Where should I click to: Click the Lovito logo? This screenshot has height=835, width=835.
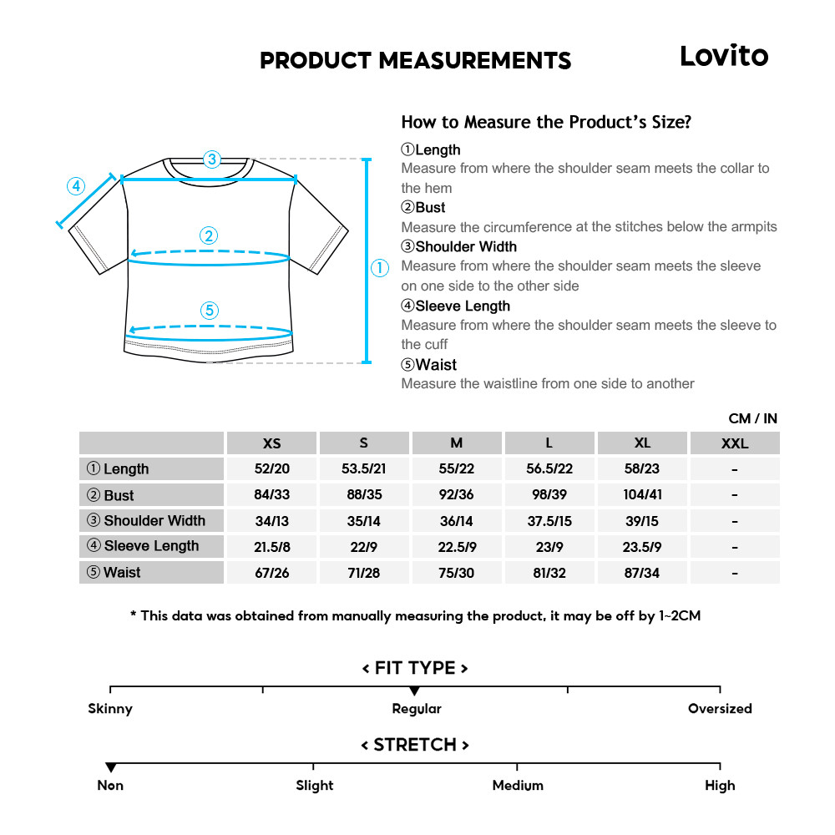[x=723, y=57]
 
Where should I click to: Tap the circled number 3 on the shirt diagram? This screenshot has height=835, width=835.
[x=212, y=159]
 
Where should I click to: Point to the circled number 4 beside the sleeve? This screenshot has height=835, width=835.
[x=76, y=185]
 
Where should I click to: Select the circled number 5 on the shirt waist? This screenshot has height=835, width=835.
[x=210, y=311]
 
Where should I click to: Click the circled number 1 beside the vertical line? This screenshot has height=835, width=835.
[x=380, y=268]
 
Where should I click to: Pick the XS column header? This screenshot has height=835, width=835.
[x=271, y=443]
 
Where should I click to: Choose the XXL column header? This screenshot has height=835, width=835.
[x=734, y=443]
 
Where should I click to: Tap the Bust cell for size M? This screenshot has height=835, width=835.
[x=456, y=495]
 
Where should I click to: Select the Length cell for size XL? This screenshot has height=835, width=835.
[x=641, y=469]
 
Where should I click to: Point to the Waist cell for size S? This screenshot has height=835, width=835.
[x=363, y=573]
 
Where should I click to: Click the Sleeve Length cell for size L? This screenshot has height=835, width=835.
[x=549, y=547]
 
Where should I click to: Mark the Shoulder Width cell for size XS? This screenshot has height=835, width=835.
[x=271, y=521]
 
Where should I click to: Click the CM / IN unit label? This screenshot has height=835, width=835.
[x=752, y=418]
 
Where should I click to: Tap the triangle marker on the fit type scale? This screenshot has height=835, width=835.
[x=415, y=691]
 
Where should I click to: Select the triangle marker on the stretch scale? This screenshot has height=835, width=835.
[x=110, y=767]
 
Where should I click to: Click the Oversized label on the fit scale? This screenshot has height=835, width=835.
[x=720, y=709]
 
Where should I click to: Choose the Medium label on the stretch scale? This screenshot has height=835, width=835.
[x=518, y=786]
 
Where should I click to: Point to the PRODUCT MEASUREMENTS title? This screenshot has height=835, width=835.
[x=416, y=61]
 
